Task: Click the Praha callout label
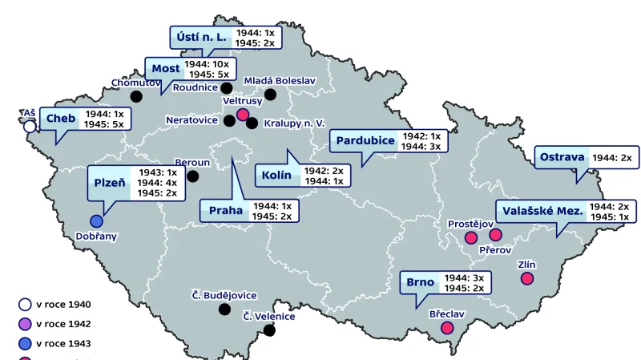(225, 211)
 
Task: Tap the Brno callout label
(420, 282)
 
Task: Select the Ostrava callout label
(562, 158)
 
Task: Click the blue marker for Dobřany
(97, 221)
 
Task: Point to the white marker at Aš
(30, 126)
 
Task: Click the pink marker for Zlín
(527, 278)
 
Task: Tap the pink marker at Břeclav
(447, 327)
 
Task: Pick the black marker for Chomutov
(136, 96)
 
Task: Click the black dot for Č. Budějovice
(224, 309)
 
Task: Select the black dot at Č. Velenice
(269, 330)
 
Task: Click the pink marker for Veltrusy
(243, 115)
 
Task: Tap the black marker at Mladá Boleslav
(270, 95)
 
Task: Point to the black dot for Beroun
(192, 176)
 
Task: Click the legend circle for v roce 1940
(25, 305)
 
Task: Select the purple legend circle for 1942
(25, 324)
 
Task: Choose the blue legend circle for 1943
(25, 343)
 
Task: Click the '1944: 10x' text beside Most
(207, 63)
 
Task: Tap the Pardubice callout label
(365, 140)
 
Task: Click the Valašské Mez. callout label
(542, 211)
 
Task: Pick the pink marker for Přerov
(495, 235)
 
